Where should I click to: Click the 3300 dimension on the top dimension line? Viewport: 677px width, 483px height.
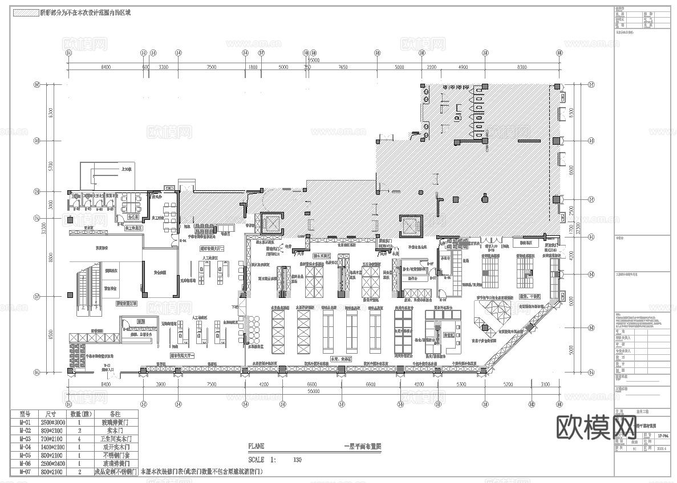[164, 67]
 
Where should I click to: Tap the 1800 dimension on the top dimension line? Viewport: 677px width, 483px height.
[253, 67]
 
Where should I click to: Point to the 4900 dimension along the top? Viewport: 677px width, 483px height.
[463, 67]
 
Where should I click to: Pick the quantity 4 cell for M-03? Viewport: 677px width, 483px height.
[79, 439]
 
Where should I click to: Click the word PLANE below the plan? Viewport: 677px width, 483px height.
[256, 447]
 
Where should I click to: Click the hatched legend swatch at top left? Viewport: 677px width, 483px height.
[25, 12]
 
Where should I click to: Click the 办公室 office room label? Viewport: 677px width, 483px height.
[133, 217]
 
